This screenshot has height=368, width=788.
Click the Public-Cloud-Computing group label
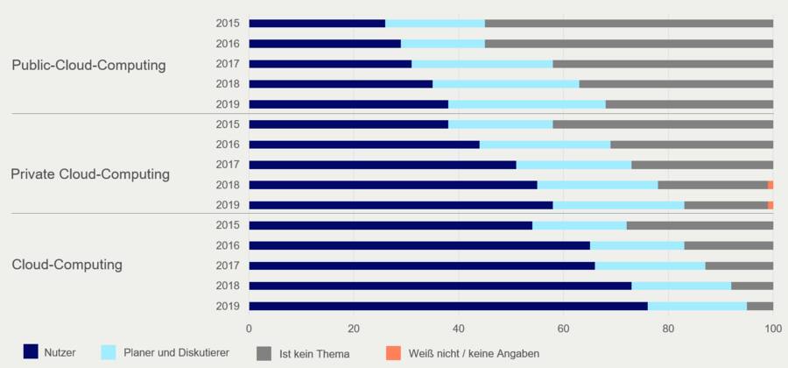pos(88,65)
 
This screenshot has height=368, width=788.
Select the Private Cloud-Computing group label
pos(90,174)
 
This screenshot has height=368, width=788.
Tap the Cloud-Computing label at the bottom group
pos(67,265)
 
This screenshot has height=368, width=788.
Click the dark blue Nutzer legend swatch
pos(31,352)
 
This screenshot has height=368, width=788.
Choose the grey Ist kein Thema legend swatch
pos(264,352)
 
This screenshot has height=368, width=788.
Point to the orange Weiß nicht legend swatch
pos(391,352)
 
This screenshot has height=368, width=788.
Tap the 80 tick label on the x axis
pos(668,329)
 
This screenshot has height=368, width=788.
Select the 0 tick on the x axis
pos(250,329)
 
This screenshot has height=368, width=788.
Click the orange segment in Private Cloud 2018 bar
pos(770,185)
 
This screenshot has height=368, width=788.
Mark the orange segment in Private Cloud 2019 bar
pos(770,205)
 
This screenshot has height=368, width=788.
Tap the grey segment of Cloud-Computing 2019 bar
pos(760,306)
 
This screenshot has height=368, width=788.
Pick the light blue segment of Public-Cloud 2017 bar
pos(482,64)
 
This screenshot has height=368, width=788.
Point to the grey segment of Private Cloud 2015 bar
pos(663,124)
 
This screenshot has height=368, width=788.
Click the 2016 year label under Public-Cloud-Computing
pos(228,44)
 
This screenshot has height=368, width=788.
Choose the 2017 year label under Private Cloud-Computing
pos(228,165)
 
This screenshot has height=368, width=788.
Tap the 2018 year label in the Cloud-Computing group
pos(228,286)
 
